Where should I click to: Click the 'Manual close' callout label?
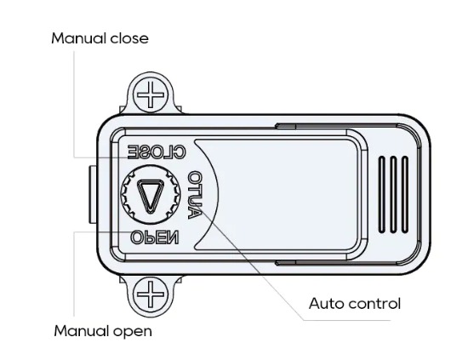pyautogui.click(x=100, y=38)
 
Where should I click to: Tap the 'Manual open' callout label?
pyautogui.click(x=103, y=331)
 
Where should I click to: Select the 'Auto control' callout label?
pyautogui.click(x=355, y=304)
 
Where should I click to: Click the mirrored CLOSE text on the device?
pyautogui.click(x=157, y=152)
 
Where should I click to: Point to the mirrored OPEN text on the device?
pyautogui.click(x=155, y=237)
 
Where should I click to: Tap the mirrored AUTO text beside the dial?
pyautogui.click(x=195, y=195)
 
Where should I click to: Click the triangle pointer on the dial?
pyautogui.click(x=151, y=196)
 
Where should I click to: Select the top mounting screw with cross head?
pyautogui.click(x=151, y=94)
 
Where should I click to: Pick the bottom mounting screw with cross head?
pyautogui.click(x=151, y=294)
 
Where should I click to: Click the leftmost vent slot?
pyautogui.click(x=382, y=194)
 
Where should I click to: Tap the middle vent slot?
pyautogui.click(x=393, y=194)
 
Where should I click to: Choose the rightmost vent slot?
pyautogui.click(x=405, y=194)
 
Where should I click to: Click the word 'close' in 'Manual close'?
pyautogui.click(x=129, y=38)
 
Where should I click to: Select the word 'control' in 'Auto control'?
pyautogui.click(x=374, y=304)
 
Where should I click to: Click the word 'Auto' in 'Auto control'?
pyautogui.click(x=327, y=304)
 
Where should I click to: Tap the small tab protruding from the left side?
pyautogui.click(x=93, y=195)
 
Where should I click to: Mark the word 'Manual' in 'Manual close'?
pyautogui.click(x=79, y=38)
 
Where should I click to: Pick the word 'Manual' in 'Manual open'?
pyautogui.click(x=82, y=331)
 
